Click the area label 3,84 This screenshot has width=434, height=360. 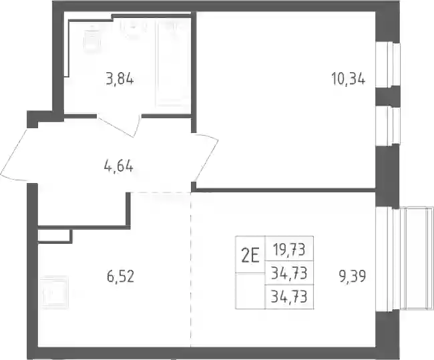click(x=120, y=80)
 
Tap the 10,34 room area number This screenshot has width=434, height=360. click(x=348, y=79)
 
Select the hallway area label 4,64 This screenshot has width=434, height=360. click(x=119, y=167)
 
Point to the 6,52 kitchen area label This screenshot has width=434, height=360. click(x=120, y=277)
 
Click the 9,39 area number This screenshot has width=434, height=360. click(x=353, y=277)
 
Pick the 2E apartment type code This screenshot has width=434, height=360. click(x=250, y=257)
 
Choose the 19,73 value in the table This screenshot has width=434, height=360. click(x=289, y=250)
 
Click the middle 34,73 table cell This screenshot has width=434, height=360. click(x=289, y=274)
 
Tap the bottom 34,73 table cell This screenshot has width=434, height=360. click(x=289, y=297)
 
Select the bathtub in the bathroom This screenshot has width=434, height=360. click(x=170, y=63)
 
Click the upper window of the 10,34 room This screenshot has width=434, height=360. click(x=388, y=64)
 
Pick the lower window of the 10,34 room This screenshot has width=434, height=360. click(x=388, y=126)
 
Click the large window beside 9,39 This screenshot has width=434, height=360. click(x=404, y=259)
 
